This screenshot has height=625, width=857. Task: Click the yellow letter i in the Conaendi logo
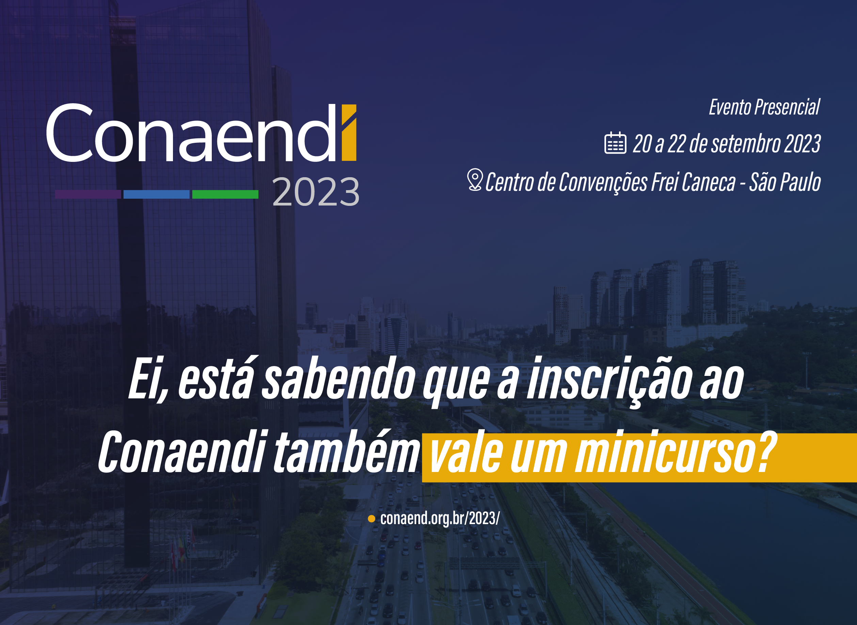[x=349, y=133]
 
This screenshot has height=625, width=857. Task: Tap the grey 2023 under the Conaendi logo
[x=316, y=192]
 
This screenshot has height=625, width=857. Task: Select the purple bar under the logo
[x=88, y=195]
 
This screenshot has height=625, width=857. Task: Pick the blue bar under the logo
[x=157, y=195]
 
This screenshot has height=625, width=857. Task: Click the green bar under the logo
[x=225, y=195]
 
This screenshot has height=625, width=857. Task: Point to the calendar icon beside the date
[x=616, y=143]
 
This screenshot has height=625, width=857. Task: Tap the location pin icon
[x=475, y=180]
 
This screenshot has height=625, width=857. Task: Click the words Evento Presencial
[x=764, y=107]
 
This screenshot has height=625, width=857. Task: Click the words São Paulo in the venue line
[x=785, y=182]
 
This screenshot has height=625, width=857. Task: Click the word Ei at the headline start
[x=145, y=380]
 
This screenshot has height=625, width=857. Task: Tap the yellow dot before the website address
[x=371, y=519]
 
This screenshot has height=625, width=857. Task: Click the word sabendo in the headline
[x=337, y=378]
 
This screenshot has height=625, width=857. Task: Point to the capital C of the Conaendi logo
[x=70, y=133]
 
